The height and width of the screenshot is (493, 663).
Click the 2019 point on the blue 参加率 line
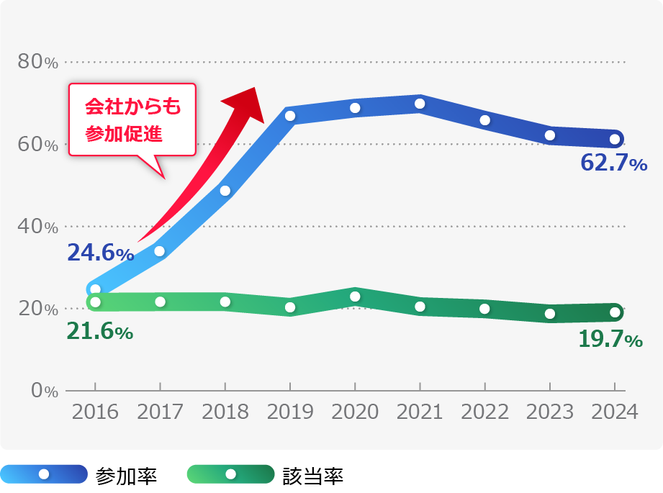(x=290, y=116)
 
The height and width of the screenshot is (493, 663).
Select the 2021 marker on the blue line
(x=420, y=104)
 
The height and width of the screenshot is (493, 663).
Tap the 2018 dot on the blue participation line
(x=225, y=191)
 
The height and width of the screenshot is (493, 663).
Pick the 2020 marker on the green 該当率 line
(x=355, y=297)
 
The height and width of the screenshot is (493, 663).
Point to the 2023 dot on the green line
(x=550, y=314)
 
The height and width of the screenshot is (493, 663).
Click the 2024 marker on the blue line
(x=615, y=139)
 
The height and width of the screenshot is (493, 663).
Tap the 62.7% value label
(x=613, y=164)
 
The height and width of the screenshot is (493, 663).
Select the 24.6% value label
(x=100, y=253)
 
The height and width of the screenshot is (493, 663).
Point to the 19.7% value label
(x=610, y=339)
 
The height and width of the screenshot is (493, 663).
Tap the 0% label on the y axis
(x=44, y=391)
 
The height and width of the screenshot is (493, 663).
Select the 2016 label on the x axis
(x=95, y=412)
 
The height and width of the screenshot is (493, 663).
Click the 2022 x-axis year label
(x=484, y=412)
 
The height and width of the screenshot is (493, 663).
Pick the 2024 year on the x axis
(x=614, y=412)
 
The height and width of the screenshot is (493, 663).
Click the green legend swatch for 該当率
(x=230, y=474)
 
